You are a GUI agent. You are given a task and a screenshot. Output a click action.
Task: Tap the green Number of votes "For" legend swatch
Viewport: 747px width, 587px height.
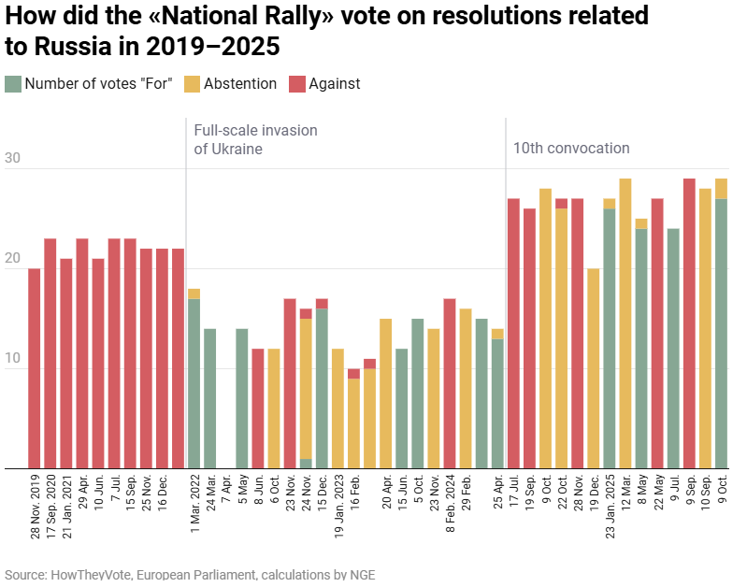[12, 84]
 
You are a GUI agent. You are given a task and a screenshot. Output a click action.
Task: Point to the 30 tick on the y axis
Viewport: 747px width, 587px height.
[12, 159]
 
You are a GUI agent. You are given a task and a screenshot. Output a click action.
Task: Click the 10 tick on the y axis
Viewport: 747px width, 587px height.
[12, 360]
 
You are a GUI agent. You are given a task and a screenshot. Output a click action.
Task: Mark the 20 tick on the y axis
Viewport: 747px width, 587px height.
[12, 259]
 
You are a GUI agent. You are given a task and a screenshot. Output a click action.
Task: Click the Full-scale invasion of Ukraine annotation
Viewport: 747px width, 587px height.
[255, 139]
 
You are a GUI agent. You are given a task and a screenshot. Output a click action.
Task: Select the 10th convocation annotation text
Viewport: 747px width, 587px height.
[571, 148]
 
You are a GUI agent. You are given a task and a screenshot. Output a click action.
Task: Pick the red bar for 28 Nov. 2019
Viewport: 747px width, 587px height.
[35, 368]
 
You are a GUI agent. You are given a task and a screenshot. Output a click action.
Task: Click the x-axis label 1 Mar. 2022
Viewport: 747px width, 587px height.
[194, 505]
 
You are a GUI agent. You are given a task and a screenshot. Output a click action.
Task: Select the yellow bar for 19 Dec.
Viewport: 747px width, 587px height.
[594, 368]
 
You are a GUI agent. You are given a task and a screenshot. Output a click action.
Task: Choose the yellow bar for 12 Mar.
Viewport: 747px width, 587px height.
[625, 323]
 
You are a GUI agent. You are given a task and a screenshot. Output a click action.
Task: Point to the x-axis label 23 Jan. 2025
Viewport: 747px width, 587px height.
[610, 508]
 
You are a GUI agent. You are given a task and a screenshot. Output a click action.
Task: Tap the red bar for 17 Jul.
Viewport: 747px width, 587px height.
[513, 333]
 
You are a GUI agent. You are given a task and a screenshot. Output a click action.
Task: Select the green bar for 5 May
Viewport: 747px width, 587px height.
[242, 398]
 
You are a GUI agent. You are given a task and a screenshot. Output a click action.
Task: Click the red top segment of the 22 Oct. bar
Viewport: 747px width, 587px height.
[562, 203]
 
